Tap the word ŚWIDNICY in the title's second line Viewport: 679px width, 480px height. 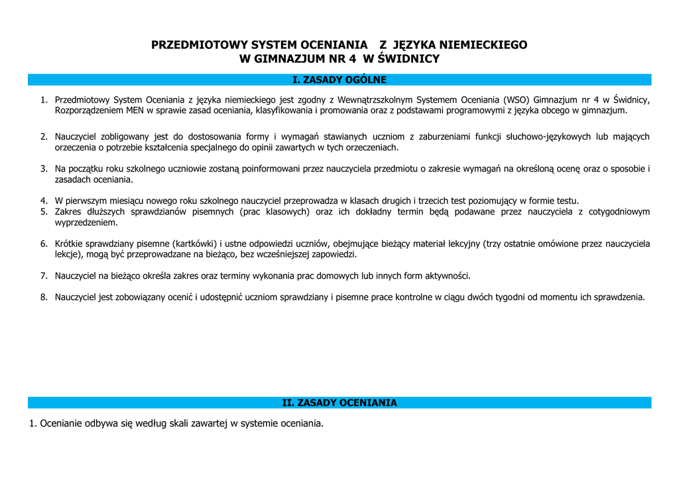click(404, 59)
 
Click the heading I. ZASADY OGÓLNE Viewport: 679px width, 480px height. click(339, 80)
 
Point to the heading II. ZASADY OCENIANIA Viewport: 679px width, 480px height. click(339, 403)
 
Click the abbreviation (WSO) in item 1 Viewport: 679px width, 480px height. click(517, 100)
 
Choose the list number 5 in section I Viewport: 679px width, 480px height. click(43, 212)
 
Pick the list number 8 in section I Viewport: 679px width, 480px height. click(43, 297)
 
